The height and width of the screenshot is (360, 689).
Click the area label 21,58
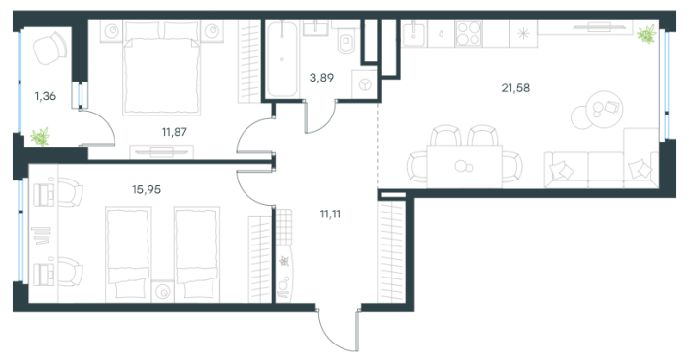[515, 88]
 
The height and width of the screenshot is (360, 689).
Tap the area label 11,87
[175, 132]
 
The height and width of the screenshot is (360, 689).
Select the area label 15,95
[147, 190]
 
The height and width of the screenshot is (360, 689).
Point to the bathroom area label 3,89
[321, 78]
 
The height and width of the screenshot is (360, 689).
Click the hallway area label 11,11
[330, 214]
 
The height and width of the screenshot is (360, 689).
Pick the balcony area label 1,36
[46, 96]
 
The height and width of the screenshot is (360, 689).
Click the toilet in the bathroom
[346, 41]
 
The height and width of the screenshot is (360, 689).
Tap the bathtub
[281, 59]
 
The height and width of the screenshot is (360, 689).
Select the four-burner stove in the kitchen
[469, 34]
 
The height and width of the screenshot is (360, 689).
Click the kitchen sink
[413, 34]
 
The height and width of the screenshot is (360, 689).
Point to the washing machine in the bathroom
[365, 84]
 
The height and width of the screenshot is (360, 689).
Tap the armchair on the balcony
[49, 48]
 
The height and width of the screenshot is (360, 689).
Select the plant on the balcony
[40, 137]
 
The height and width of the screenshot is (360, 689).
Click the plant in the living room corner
[646, 34]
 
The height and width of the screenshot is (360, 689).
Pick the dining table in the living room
[465, 167]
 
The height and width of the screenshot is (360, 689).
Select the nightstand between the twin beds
[163, 292]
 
